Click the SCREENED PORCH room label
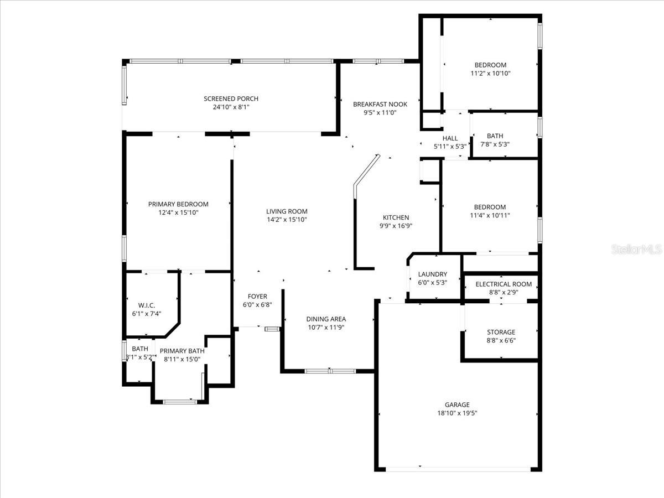pyautogui.click(x=231, y=98)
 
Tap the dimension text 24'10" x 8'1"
pyautogui.click(x=231, y=107)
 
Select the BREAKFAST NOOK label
pyautogui.click(x=380, y=104)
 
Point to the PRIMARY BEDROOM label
pyautogui.click(x=178, y=204)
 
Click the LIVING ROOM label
pyautogui.click(x=287, y=211)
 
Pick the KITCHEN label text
pyautogui.click(x=396, y=217)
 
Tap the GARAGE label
pyautogui.click(x=457, y=404)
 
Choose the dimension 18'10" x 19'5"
pyautogui.click(x=457, y=413)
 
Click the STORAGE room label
pyautogui.click(x=501, y=333)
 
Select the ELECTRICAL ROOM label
pyautogui.click(x=504, y=284)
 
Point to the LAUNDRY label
pyautogui.click(x=432, y=274)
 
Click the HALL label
pyautogui.click(x=450, y=138)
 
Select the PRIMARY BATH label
pyautogui.click(x=182, y=351)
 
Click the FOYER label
pyautogui.click(x=257, y=296)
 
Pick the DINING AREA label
pyautogui.click(x=326, y=319)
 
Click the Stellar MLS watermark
pyautogui.click(x=636, y=250)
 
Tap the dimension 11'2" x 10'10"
pyautogui.click(x=490, y=73)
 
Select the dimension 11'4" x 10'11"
pyautogui.click(x=490, y=215)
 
